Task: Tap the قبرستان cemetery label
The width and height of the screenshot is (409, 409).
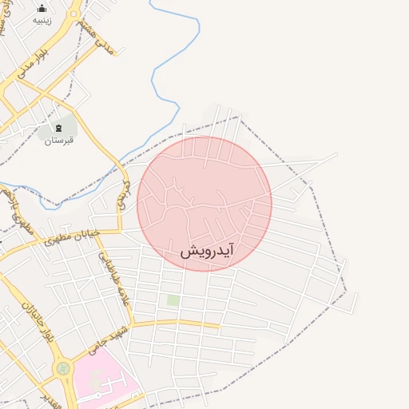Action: pyautogui.click(x=58, y=141)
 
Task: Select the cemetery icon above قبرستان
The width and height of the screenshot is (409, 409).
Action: pyautogui.click(x=58, y=127)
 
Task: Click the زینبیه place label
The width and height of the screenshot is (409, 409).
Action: pyautogui.click(x=42, y=21)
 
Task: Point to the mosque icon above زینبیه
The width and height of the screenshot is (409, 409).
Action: pyautogui.click(x=42, y=8)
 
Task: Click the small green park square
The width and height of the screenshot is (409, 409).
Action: pyautogui.click(x=173, y=300)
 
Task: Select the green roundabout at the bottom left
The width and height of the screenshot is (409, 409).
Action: pyautogui.click(x=62, y=369)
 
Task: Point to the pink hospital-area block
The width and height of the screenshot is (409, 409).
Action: pyautogui.click(x=100, y=383)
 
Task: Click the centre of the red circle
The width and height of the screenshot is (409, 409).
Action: pyautogui.click(x=204, y=204)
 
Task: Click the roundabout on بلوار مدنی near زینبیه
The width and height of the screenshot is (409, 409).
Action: pyautogui.click(x=71, y=17)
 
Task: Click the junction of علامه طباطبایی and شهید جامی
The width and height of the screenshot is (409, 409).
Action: pyautogui.click(x=131, y=326)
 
